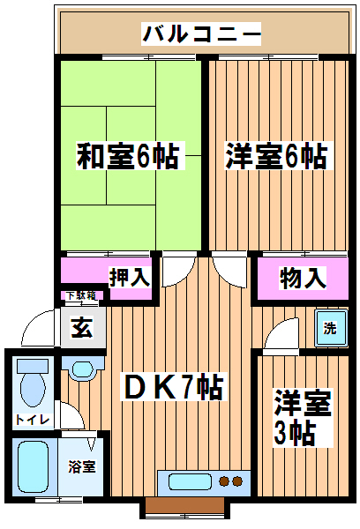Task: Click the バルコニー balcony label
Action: point(201,34)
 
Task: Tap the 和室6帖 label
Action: point(130,156)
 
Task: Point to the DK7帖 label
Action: point(173,387)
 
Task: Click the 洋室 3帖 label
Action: point(303,418)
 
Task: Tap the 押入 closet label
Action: point(130,278)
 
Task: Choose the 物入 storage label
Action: point(303,278)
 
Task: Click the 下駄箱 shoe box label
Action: point(81,296)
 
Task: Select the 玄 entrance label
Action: point(82,327)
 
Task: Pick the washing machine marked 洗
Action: point(331,328)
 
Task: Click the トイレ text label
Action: point(33,420)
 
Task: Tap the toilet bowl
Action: point(33,390)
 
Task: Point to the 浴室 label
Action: point(82,466)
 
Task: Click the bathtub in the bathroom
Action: point(34,467)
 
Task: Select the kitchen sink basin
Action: point(190,481)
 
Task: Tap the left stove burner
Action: point(223,481)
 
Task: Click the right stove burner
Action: point(237,481)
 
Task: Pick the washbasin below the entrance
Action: point(82,369)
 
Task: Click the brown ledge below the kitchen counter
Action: point(184,505)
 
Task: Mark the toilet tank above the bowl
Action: point(33,366)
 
